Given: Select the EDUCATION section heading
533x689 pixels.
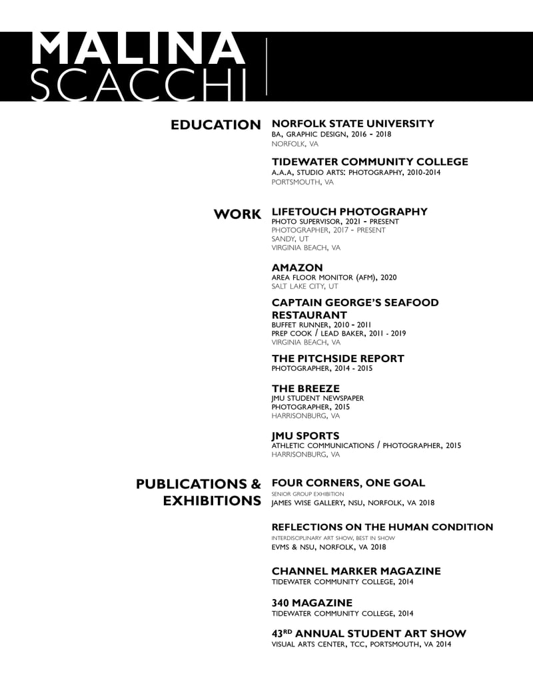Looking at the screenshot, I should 215,124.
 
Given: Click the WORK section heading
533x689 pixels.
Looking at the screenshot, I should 237,214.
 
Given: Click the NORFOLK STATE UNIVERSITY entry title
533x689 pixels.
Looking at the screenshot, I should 352,123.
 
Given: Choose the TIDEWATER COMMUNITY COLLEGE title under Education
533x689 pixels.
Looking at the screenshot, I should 370,162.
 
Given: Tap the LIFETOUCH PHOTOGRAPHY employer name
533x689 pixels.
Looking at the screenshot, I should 349,212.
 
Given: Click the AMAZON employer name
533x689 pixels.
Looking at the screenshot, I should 297,268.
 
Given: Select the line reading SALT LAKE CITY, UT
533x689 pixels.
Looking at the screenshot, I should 304,286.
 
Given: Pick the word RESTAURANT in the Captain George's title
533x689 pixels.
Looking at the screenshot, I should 309,315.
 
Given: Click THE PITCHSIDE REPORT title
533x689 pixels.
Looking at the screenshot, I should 338,358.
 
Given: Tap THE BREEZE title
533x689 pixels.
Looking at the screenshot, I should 305,388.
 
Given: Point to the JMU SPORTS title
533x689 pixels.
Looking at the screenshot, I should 305,436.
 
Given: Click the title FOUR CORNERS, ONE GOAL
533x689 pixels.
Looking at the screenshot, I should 348,483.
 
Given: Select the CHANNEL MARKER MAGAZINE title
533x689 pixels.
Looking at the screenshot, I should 356,571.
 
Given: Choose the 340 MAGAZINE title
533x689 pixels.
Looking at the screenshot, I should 312,603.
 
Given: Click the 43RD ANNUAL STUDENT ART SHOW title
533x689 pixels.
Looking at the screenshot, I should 368,633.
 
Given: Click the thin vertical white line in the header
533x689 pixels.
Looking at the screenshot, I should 266,67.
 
